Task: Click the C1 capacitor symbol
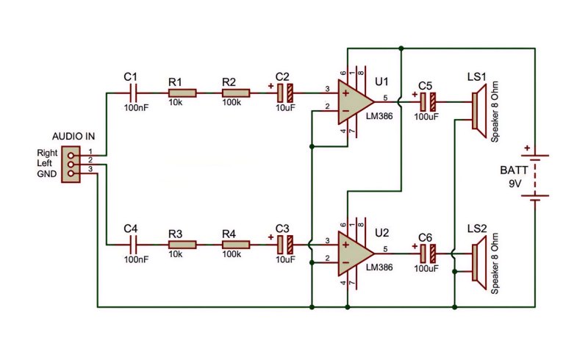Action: pos(134,93)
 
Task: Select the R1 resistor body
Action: pos(182,93)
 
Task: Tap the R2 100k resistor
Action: pos(236,93)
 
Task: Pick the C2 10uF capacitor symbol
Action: pos(285,93)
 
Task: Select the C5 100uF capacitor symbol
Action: pos(429,101)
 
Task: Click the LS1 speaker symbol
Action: pos(479,111)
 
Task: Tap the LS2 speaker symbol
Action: pos(479,262)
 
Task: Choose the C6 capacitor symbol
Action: pos(429,253)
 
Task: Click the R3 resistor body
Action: pos(182,245)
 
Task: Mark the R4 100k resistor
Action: pos(236,245)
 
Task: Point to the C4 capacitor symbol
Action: pos(134,245)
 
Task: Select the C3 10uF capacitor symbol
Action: pos(285,245)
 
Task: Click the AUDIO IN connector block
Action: pos(71,165)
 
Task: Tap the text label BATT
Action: pos(514,170)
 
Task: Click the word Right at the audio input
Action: pos(47,153)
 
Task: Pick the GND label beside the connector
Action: pos(47,174)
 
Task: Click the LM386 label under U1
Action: pos(379,116)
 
